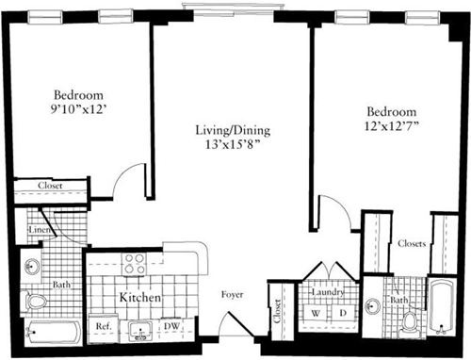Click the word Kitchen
tap(139, 299)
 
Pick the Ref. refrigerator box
tap(103, 327)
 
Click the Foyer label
tap(232, 295)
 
